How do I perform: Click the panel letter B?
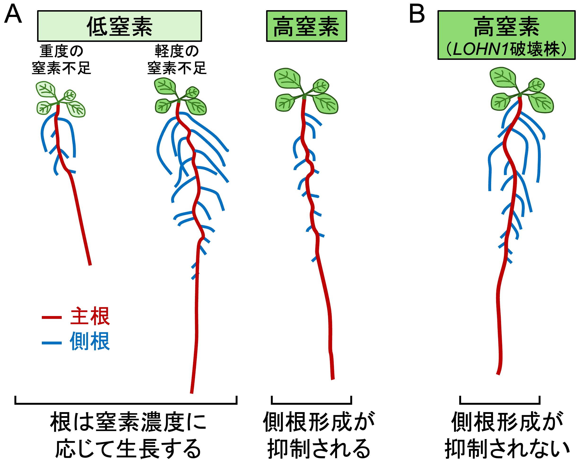(x=417, y=14)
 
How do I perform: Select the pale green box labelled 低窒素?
(x=119, y=26)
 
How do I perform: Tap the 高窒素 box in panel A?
(x=306, y=26)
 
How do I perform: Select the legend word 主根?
(x=90, y=316)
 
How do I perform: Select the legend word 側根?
(x=90, y=341)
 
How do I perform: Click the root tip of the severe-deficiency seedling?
(x=90, y=264)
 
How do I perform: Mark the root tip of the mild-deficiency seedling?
(x=191, y=392)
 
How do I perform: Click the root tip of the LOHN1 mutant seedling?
(x=498, y=374)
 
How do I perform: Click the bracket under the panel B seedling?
(x=500, y=403)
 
